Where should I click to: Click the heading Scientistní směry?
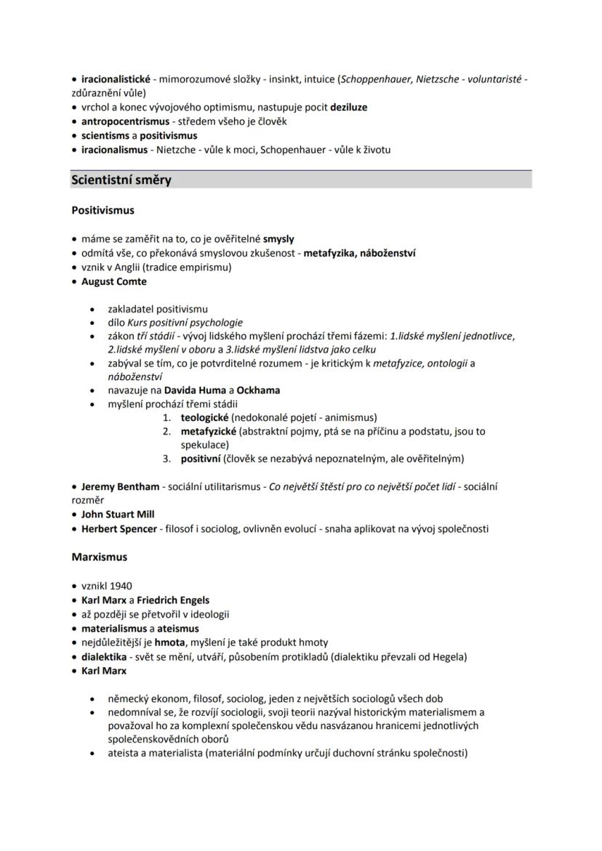[121, 180]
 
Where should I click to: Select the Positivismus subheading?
[103, 211]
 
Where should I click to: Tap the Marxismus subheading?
[99, 557]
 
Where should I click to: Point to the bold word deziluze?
[348, 107]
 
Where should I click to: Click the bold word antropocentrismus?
[125, 121]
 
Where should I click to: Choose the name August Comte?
[113, 281]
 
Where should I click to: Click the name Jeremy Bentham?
[120, 486]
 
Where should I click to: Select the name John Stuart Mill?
[118, 515]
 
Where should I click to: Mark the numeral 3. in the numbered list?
[166, 459]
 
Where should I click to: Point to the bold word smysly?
[278, 238]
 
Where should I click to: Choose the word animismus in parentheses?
[350, 417]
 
